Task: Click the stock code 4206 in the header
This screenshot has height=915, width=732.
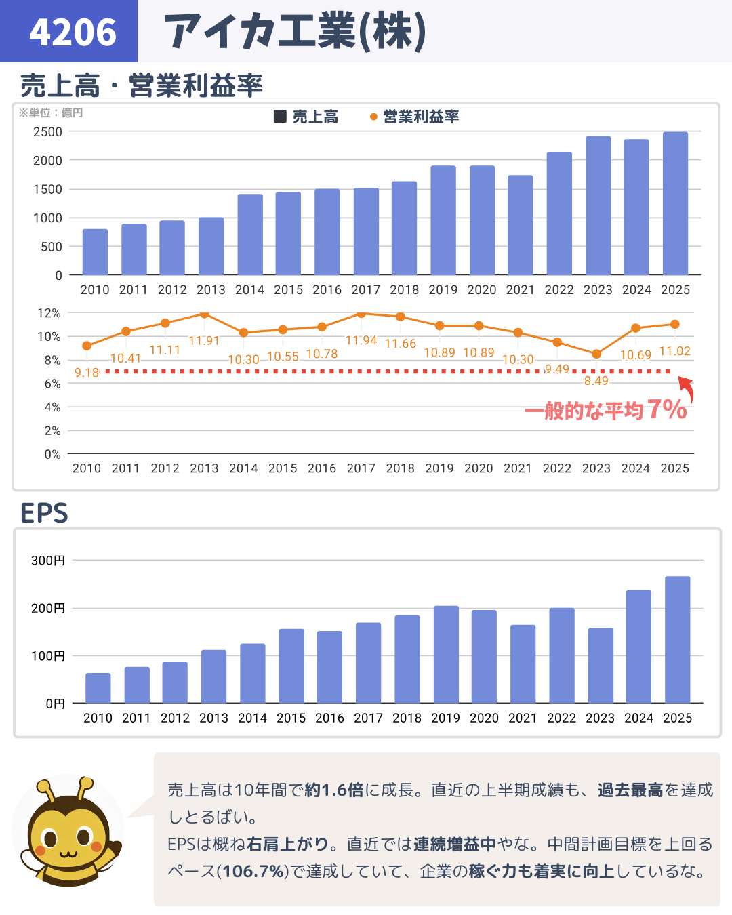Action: coord(73,32)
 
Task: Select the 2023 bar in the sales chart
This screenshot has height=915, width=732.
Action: coord(598,205)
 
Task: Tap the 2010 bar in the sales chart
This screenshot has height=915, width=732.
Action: coord(95,251)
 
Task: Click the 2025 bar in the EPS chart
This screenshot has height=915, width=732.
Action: coord(677,639)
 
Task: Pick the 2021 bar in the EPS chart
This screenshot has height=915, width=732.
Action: coord(523,664)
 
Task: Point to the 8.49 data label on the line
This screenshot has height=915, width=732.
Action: coord(596,381)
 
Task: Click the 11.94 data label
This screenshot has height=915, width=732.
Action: coord(361,340)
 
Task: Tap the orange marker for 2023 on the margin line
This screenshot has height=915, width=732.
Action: coord(596,354)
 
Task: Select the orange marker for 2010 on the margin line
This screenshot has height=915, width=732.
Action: coord(87,346)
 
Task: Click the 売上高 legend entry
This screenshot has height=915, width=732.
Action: coord(306,117)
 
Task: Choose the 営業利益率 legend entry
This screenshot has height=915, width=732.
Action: coord(415,117)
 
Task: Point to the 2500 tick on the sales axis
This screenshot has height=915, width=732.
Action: coord(47,132)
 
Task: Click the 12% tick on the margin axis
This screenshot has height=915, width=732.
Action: coord(49,313)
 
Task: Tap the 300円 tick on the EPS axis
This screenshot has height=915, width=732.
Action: coord(48,561)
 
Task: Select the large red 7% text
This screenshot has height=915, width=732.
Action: coord(667,409)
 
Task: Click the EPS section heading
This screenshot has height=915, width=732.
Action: coord(44,513)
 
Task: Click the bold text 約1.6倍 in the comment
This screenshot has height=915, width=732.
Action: coord(334,790)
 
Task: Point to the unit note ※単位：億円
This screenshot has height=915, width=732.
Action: coord(51,113)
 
